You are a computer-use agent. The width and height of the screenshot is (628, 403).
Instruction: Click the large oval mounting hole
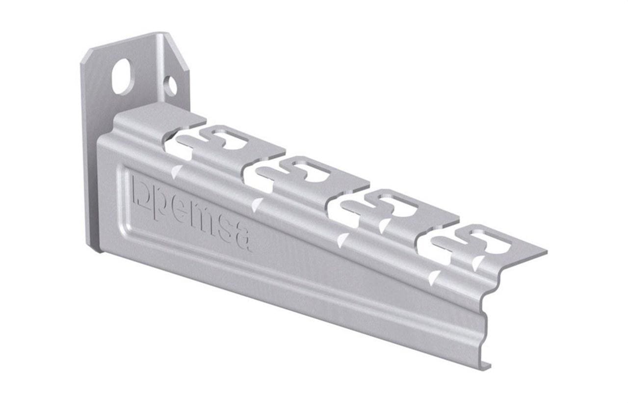click(x=123, y=76)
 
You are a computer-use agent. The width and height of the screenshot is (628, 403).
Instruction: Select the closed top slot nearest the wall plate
click(x=229, y=138)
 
